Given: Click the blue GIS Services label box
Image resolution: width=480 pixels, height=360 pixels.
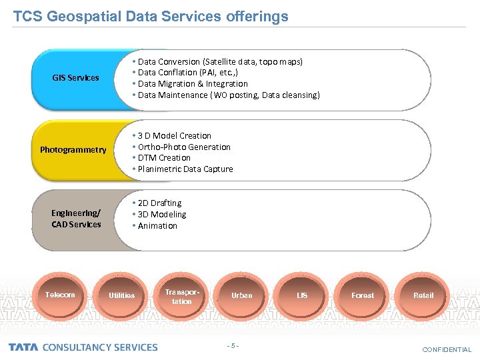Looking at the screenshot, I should point(75,79).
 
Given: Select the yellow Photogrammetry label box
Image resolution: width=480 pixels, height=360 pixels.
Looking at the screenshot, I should point(73,150).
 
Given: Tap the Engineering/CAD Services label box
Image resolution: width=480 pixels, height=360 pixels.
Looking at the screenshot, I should point(76,219).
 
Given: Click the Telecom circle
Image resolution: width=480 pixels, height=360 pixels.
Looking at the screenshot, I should point(60,295).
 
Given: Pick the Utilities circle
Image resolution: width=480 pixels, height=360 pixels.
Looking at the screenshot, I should point(121,295).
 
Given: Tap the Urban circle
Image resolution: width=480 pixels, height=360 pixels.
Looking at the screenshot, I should point(241,295).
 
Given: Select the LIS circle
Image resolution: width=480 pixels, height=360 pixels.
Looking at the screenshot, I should point(302,295).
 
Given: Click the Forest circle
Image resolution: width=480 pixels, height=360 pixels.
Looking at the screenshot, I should point(363,295).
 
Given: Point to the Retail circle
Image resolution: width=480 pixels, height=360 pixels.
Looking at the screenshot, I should point(423,295).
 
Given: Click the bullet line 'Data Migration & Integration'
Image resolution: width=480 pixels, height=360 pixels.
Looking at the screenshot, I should point(192,84).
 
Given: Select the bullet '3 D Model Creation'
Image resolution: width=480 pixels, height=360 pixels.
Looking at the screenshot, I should point(174,136).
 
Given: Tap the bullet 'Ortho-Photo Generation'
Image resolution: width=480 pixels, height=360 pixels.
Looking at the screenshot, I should point(183,147).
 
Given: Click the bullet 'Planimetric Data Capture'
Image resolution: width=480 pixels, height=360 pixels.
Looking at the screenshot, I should point(185,169).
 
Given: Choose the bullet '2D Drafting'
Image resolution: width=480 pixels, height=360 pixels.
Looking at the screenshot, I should point(159,203).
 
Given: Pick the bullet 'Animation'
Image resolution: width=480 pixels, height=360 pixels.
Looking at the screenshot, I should point(157,226).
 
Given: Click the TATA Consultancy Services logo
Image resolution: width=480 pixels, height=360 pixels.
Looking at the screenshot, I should point(83,347).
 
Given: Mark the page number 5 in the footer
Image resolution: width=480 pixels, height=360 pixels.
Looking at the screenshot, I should point(233,345).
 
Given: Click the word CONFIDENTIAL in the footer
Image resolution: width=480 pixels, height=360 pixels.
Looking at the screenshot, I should point(446,349).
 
